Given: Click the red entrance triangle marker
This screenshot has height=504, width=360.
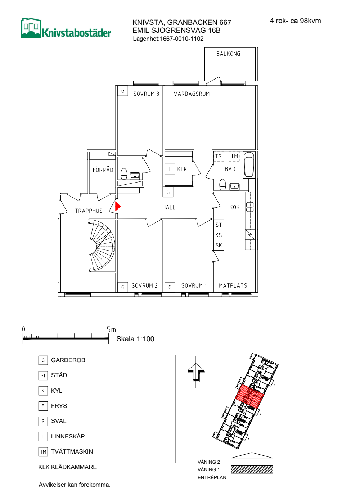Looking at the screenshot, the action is [117, 206].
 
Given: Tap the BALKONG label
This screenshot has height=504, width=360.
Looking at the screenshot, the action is [228, 54].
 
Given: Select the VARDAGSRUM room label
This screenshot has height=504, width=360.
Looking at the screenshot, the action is [192, 94].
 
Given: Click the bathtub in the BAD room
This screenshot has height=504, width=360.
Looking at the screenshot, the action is [249, 165].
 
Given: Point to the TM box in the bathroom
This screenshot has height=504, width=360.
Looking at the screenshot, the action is [234, 156].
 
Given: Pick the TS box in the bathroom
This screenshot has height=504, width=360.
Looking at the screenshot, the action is [219, 156].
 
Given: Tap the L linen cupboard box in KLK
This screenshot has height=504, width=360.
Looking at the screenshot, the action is [170, 169].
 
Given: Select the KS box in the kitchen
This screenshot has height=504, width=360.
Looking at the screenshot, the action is [219, 235].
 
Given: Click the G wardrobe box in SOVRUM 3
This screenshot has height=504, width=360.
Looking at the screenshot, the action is [123, 91].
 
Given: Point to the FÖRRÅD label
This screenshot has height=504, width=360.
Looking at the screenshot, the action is [103, 170].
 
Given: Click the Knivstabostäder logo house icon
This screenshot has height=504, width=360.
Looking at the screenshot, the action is [31, 28].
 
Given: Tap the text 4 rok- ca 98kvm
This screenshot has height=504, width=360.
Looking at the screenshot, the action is [295, 21].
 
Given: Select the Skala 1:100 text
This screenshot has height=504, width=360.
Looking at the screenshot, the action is [135, 339].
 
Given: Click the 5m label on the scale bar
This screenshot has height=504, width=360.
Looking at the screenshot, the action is [111, 330].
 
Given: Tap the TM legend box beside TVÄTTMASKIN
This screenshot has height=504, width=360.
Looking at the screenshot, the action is [43, 451].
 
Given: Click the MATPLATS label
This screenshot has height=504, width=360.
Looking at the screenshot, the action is [233, 285].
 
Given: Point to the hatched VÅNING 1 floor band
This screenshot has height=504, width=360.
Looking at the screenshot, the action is [252, 469].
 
